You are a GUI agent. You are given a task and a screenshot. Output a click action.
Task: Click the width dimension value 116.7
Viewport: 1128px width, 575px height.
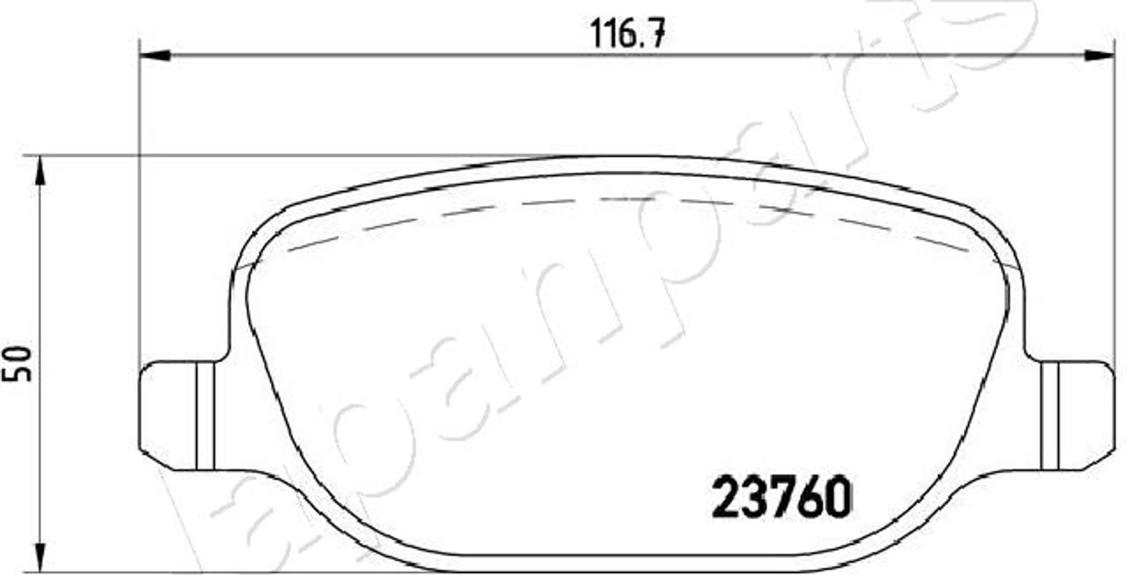point(629,33)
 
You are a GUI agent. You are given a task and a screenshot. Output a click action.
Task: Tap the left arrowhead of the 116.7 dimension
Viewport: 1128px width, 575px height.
point(155,56)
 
